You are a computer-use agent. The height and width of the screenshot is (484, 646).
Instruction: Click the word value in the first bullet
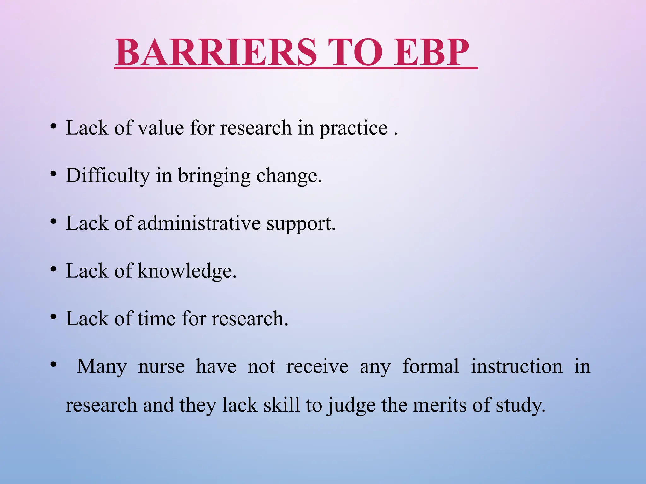click(161, 128)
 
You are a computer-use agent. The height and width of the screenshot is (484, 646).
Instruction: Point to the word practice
click(353, 129)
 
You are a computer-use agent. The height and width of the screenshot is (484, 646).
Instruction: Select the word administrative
click(199, 223)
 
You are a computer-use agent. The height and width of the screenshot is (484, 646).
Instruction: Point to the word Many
click(102, 367)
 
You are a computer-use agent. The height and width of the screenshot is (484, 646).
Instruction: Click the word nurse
click(161, 367)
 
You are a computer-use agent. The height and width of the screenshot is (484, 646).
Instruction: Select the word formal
click(431, 366)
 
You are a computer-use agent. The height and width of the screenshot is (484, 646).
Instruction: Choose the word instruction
click(517, 366)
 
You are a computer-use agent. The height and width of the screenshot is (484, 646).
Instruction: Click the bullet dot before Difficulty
click(54, 174)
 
